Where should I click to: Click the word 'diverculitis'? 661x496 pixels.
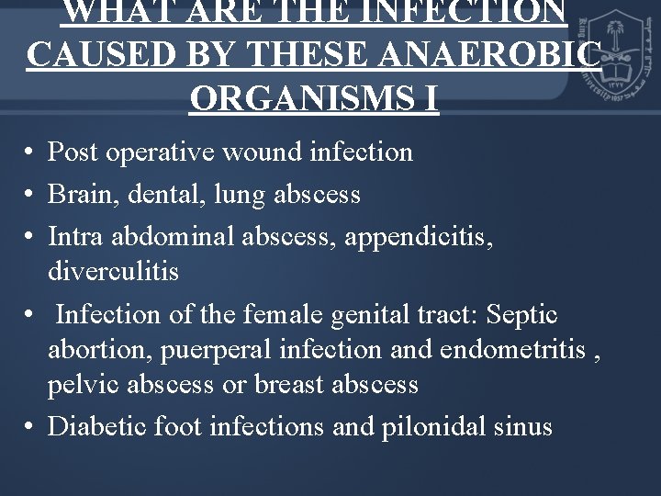(x=113, y=272)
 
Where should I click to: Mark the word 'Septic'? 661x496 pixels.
(x=521, y=315)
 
